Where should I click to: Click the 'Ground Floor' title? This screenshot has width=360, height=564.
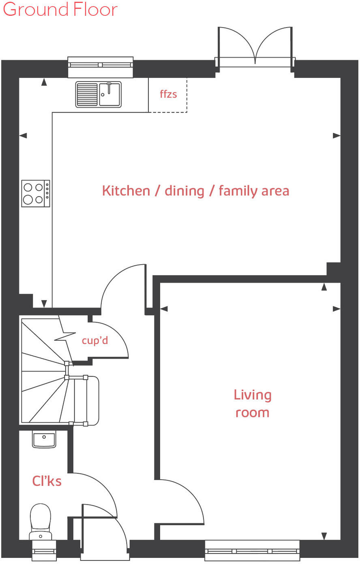pyautogui.click(x=60, y=10)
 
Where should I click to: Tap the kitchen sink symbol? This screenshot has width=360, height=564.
pyautogui.click(x=99, y=94)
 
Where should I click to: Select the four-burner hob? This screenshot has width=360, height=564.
pyautogui.click(x=36, y=193)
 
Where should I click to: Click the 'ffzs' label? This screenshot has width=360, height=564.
pyautogui.click(x=168, y=94)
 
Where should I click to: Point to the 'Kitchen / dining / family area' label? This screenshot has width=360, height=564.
pyautogui.click(x=195, y=191)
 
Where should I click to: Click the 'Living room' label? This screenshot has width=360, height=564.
pyautogui.click(x=252, y=404)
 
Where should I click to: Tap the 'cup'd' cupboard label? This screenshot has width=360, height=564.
pyautogui.click(x=95, y=340)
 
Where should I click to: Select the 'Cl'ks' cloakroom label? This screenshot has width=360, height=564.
pyautogui.click(x=47, y=481)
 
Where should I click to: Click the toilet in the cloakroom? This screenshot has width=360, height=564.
pyautogui.click(x=41, y=522)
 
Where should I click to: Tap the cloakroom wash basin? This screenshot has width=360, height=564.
pyautogui.click(x=44, y=440)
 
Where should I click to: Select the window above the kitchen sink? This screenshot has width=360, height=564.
pyautogui.click(x=100, y=64)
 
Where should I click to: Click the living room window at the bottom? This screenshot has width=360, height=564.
pyautogui.click(x=252, y=551)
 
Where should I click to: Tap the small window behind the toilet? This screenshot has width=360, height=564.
pyautogui.click(x=44, y=552)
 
